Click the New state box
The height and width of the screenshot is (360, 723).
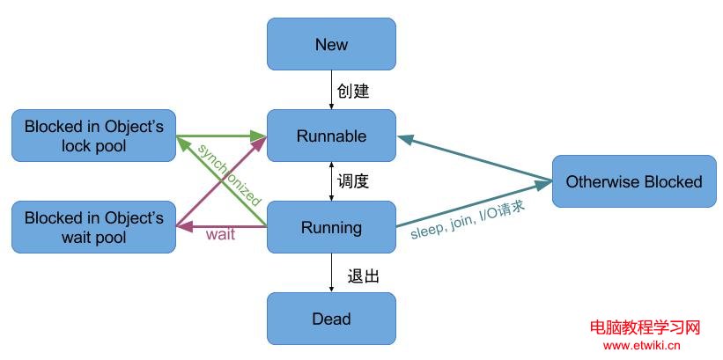[x=331, y=45]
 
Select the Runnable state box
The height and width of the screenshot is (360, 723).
[x=331, y=136]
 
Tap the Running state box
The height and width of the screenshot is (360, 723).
[x=331, y=227]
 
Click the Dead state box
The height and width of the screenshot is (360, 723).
[x=331, y=319]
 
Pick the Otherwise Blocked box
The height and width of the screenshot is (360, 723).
[x=634, y=181]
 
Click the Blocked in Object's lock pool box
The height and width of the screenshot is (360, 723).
[x=94, y=136]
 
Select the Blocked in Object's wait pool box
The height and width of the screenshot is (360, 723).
[x=94, y=227]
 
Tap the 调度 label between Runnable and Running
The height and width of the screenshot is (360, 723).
[x=352, y=182]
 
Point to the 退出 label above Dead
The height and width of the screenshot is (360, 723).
[x=364, y=276]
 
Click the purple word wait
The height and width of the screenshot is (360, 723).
[x=220, y=236]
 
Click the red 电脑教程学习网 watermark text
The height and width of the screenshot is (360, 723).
[x=644, y=328]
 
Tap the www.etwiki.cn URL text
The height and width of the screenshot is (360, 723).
[x=644, y=346]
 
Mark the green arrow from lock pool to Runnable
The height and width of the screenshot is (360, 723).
[x=220, y=136]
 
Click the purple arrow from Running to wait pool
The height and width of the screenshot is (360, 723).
[x=220, y=227]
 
